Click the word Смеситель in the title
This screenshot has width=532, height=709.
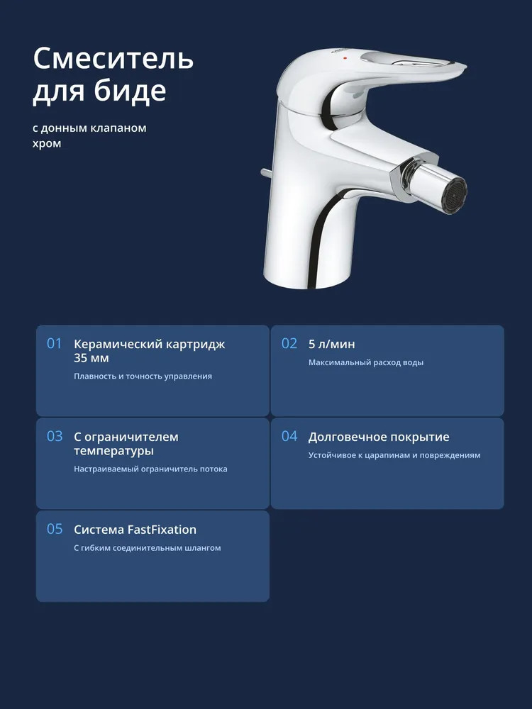113,58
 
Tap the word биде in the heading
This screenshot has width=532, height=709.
130,91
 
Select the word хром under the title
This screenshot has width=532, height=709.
47,144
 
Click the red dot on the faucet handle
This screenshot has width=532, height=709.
345,58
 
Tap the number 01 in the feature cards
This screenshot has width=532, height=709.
55,344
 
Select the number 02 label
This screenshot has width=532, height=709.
289,344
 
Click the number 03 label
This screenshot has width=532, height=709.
55,436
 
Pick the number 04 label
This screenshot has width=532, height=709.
289,436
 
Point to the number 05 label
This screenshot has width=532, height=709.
55,529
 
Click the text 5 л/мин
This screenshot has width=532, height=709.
331,344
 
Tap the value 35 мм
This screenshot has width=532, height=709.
92,358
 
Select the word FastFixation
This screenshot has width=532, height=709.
162,530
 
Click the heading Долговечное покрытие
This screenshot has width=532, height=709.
379,437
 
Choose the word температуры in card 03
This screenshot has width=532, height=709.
114,451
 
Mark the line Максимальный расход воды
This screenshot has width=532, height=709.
366,362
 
